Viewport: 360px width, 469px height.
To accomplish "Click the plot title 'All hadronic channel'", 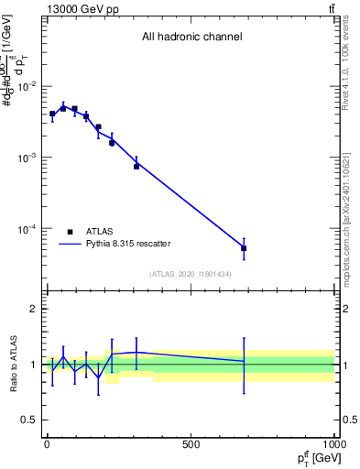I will [x=191, y=38].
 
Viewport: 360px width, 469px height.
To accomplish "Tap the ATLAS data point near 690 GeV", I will [x=244, y=248].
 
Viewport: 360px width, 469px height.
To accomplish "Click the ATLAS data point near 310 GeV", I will [x=136, y=167].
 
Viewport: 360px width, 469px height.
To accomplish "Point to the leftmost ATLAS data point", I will [x=52, y=115].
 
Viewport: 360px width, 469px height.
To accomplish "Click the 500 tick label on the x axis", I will [x=191, y=444].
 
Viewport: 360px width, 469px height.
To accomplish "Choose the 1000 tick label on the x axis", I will [x=333, y=444].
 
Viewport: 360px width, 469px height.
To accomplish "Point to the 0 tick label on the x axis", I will [x=47, y=444].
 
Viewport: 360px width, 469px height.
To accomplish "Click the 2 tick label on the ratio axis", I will [x=34, y=309].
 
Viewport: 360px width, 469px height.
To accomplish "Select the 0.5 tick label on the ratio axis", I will [x=29, y=420].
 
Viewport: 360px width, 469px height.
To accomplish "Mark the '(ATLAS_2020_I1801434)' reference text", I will [x=191, y=274].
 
